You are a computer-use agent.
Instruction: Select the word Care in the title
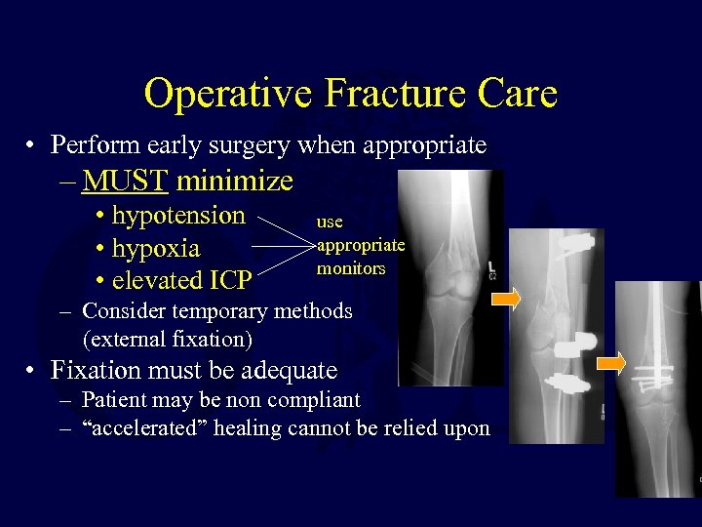[517, 94]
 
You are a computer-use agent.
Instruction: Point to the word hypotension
[178, 215]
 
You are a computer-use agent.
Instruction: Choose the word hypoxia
[156, 248]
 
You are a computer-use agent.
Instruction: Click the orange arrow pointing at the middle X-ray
[507, 302]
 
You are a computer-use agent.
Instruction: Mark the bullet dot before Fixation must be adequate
[33, 372]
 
